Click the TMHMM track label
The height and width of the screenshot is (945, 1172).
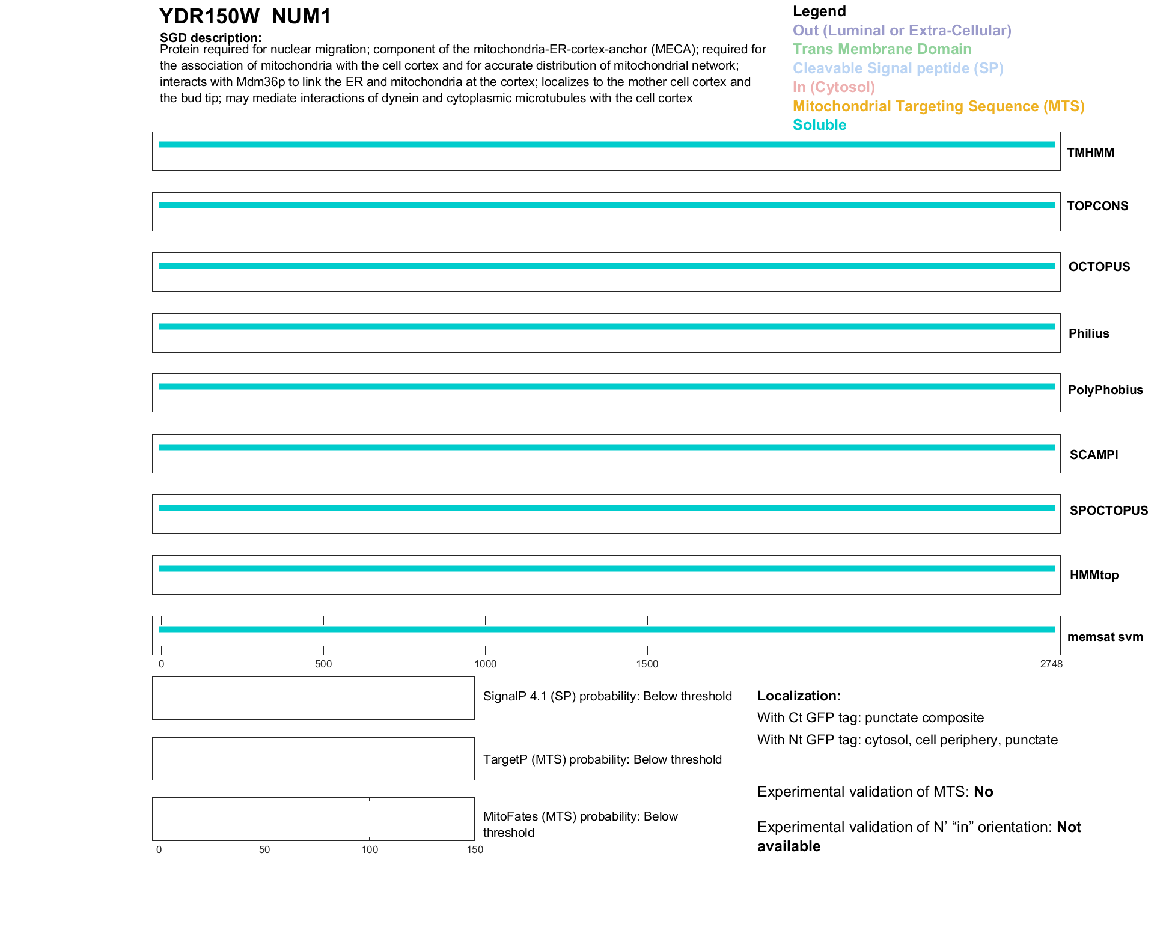(x=1090, y=153)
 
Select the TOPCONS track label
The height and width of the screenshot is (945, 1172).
(x=1097, y=206)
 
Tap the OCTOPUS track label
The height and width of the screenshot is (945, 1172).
(x=1099, y=267)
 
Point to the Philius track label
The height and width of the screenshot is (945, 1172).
(x=1088, y=333)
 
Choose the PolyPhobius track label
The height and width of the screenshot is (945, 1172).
(x=1105, y=390)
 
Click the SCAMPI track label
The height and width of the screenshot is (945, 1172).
(x=1093, y=455)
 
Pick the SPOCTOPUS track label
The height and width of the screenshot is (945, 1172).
(x=1108, y=511)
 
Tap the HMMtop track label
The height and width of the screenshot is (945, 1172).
(x=1094, y=575)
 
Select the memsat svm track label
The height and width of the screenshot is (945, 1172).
(x=1105, y=637)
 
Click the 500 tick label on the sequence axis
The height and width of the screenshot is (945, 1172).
(x=323, y=664)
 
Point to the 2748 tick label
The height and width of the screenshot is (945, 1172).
(x=1051, y=664)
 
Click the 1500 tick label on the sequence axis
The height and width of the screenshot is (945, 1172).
(x=647, y=664)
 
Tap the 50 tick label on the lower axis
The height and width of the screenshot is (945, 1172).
(x=264, y=849)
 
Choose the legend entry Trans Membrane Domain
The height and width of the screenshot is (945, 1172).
(x=882, y=49)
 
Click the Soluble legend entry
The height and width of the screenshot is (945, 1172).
(x=819, y=125)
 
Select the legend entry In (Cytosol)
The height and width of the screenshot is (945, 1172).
(x=834, y=87)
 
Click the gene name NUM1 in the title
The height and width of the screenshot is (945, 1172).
(x=301, y=17)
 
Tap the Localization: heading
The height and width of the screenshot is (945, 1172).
(x=799, y=696)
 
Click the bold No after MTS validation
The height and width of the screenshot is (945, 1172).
(x=983, y=792)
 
